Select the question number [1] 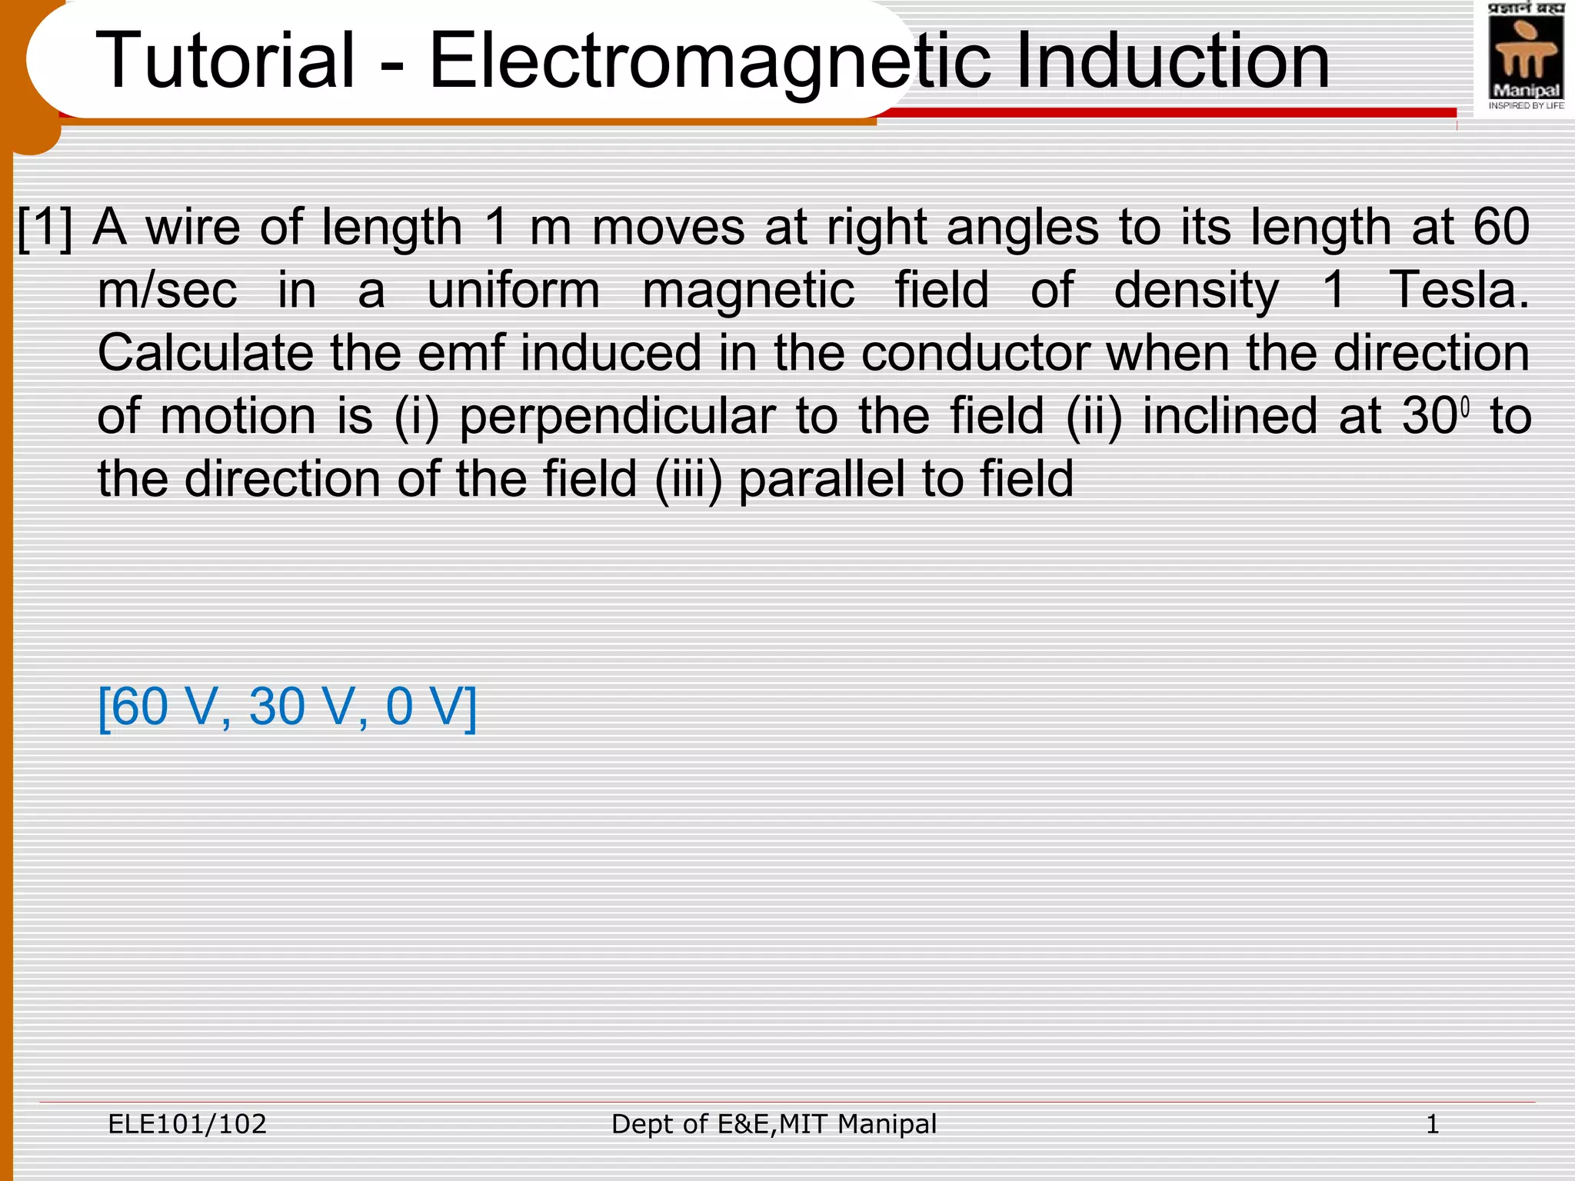(x=45, y=228)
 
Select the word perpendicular (x=618, y=418)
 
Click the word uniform (x=513, y=291)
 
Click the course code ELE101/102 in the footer (x=187, y=1124)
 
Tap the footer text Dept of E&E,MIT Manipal (x=774, y=1124)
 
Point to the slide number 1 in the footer (x=1432, y=1125)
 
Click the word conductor (x=975, y=354)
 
